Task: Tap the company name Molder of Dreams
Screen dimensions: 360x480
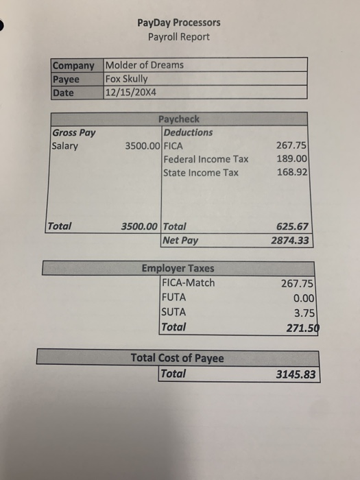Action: pos(145,65)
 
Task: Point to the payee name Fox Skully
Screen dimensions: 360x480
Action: pos(126,78)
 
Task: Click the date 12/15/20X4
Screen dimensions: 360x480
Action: pos(131,91)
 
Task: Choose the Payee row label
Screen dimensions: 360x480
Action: pos(66,78)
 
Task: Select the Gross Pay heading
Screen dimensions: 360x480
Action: pos(73,132)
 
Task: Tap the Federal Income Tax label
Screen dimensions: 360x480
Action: pos(206,159)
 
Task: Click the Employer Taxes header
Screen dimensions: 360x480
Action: pos(178,269)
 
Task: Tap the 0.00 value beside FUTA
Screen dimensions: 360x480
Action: pos(302,298)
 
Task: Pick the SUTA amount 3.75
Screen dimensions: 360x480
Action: pos(302,313)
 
